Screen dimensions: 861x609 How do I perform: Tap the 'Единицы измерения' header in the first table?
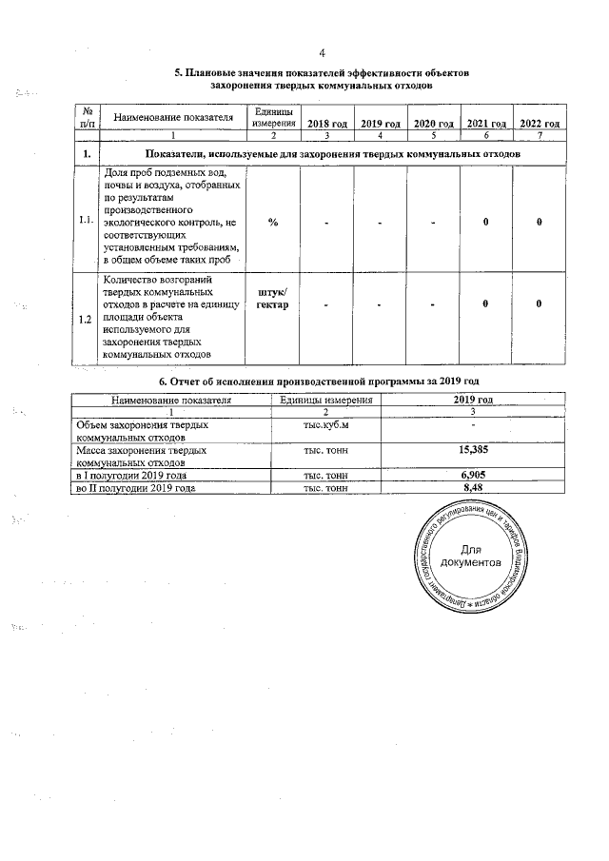273,118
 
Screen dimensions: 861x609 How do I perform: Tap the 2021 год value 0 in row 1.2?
485,304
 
